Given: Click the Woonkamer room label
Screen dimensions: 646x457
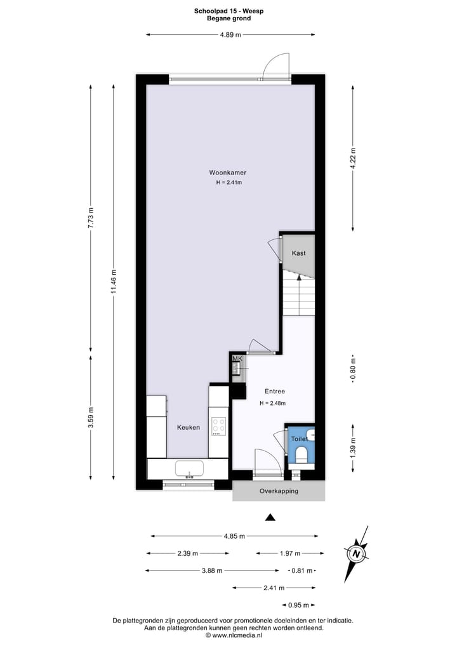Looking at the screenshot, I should pyautogui.click(x=228, y=173).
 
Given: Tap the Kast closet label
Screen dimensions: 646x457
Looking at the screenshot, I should pyautogui.click(x=298, y=253).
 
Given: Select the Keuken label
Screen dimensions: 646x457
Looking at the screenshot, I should pyautogui.click(x=188, y=428).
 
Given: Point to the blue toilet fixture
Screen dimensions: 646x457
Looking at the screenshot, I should pyautogui.click(x=301, y=454).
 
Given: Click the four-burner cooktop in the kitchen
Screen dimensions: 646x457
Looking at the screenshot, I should pyautogui.click(x=219, y=425).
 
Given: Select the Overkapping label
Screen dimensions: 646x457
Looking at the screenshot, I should pyautogui.click(x=279, y=491).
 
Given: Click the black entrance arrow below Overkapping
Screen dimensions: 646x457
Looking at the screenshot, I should pyautogui.click(x=270, y=517).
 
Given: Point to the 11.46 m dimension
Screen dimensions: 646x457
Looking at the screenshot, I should pyautogui.click(x=114, y=281).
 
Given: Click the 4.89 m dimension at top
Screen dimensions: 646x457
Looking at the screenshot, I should pyautogui.click(x=230, y=35).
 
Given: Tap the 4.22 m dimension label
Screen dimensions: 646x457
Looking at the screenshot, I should pyautogui.click(x=354, y=157).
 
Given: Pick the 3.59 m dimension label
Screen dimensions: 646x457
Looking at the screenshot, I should pyautogui.click(x=91, y=417).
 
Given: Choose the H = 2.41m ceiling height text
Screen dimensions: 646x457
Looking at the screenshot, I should pyautogui.click(x=229, y=183).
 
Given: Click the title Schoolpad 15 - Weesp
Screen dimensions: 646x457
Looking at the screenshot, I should pyautogui.click(x=228, y=10).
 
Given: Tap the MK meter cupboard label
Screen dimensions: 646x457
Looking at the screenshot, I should pyautogui.click(x=237, y=359).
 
